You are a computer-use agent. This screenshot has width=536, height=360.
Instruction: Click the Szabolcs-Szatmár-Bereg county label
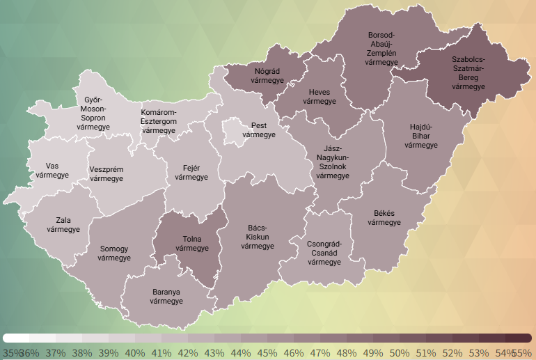click(x=468, y=72)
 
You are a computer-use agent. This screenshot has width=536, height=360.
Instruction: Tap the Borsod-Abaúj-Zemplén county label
click(x=381, y=49)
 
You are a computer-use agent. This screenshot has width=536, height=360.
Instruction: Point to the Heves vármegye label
click(x=320, y=96)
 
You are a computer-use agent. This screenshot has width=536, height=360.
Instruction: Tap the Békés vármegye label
click(x=384, y=218)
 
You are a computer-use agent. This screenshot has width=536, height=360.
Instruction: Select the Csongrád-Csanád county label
click(x=324, y=253)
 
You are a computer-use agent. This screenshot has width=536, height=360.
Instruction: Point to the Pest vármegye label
click(x=259, y=130)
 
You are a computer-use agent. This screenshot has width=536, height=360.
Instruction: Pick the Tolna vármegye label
click(x=192, y=244)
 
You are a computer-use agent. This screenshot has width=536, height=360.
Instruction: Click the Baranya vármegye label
click(x=166, y=297)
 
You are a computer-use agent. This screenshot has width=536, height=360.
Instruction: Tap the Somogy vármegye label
click(x=114, y=253)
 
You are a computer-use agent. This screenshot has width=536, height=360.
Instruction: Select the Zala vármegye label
click(x=58, y=225)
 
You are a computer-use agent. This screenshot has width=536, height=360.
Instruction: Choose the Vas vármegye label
click(x=52, y=171)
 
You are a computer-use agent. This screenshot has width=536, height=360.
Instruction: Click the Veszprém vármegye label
click(x=107, y=174)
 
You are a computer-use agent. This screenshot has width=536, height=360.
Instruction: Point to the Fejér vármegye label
click(x=191, y=173)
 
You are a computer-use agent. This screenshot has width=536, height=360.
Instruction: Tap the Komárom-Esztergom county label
click(x=159, y=121)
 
